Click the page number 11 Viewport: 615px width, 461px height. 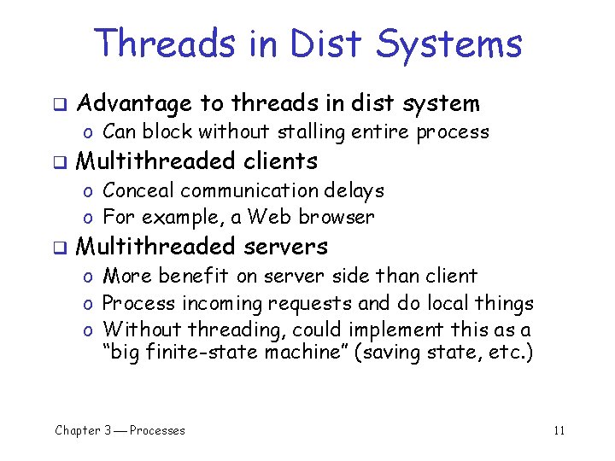coord(559,430)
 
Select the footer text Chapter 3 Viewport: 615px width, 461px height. coord(83,430)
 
